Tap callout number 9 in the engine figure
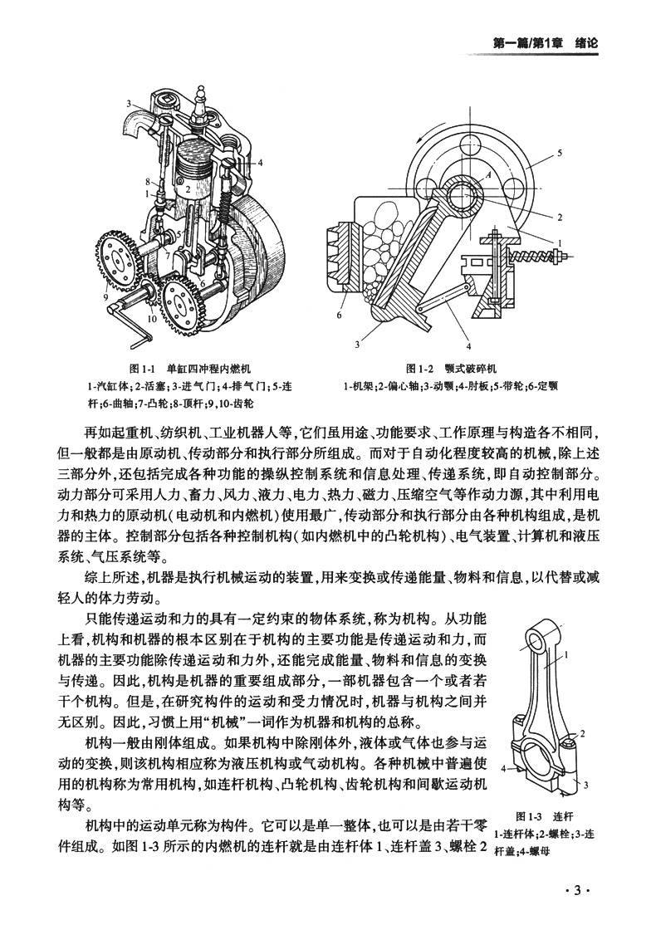106,297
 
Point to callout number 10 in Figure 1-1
152,317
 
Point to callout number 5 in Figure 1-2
560,153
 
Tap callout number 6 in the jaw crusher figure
340,316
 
